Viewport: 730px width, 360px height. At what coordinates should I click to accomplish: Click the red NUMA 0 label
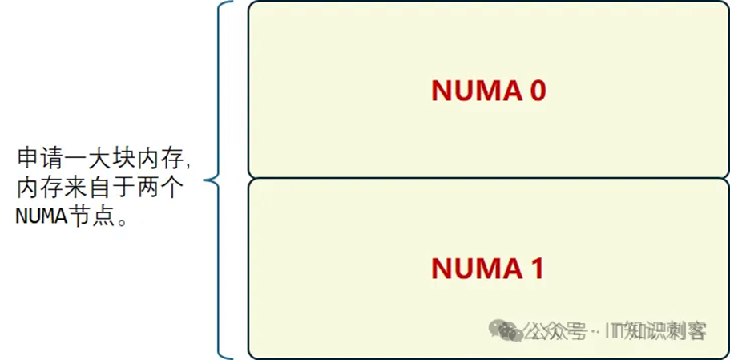(x=488, y=91)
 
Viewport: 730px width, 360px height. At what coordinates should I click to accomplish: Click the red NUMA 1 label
(x=488, y=268)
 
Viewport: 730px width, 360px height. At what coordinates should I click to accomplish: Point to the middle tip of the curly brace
(x=206, y=181)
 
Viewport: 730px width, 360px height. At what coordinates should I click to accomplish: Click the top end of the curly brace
(x=232, y=3)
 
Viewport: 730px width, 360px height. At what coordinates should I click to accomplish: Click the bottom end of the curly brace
(x=232, y=357)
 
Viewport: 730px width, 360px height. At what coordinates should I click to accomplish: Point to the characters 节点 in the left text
(x=90, y=217)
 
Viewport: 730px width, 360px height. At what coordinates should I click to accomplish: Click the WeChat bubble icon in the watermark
(x=507, y=330)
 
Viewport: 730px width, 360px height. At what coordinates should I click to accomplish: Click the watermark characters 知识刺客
(x=665, y=330)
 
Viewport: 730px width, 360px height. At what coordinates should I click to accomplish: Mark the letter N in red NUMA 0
(x=442, y=91)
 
